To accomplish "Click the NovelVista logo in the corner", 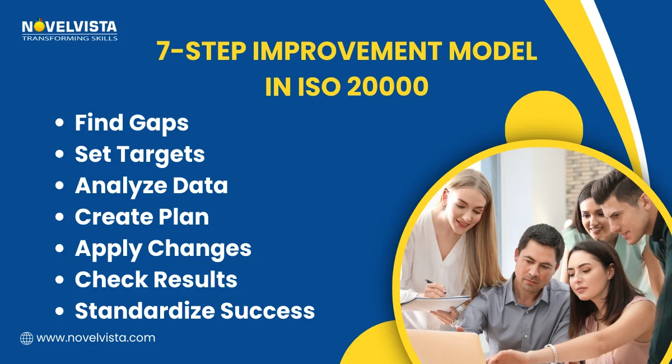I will (x=69, y=27).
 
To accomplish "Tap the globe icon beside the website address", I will (x=26, y=338).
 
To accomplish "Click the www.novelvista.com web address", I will (x=95, y=338).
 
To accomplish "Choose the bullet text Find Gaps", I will (x=132, y=123).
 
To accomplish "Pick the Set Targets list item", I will (x=139, y=154).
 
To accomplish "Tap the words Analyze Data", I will (x=151, y=185).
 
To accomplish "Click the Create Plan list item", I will (x=142, y=217).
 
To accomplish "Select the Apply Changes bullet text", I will (x=163, y=248).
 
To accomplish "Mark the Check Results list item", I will (x=156, y=279).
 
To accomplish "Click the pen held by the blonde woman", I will (x=436, y=287).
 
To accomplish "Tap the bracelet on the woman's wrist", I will (x=553, y=353).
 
